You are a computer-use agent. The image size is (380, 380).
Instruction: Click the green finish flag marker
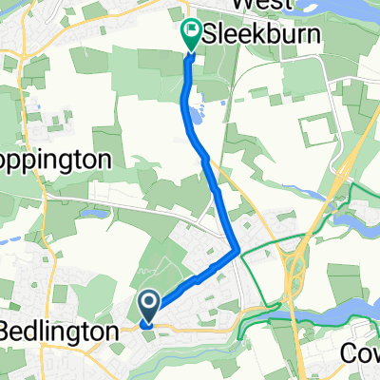click(x=190, y=35)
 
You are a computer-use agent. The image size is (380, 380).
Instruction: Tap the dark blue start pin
click(x=150, y=305)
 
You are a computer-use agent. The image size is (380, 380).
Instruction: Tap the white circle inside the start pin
click(x=150, y=302)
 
